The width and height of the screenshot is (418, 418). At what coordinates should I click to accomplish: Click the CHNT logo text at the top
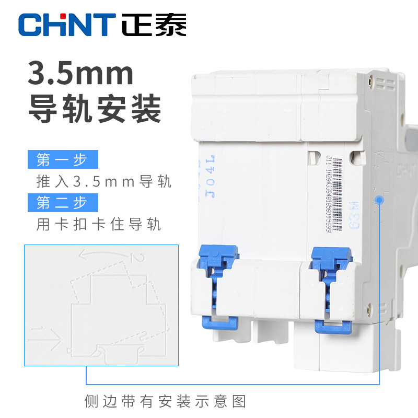tap(66, 25)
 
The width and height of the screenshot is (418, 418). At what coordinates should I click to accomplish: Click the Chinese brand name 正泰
tap(154, 25)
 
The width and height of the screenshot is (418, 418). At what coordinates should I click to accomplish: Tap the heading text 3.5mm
tap(81, 74)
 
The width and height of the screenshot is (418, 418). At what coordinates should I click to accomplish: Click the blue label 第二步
tap(62, 202)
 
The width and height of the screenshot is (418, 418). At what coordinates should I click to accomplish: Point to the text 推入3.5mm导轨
tap(103, 181)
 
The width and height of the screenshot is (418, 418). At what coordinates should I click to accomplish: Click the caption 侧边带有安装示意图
tap(165, 401)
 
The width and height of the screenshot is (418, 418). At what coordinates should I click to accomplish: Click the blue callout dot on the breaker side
tap(378, 200)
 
